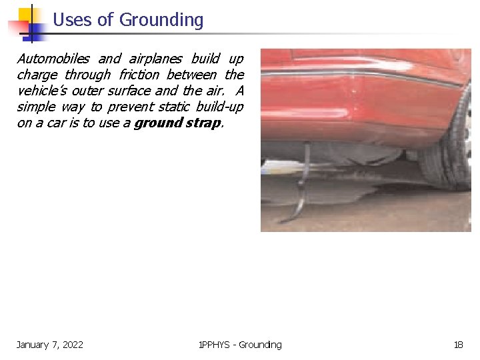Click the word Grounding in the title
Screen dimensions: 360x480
point(161,21)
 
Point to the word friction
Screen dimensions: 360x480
point(139,75)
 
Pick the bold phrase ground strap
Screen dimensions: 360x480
point(177,123)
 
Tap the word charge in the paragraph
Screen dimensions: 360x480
point(37,75)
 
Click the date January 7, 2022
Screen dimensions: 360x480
point(50,345)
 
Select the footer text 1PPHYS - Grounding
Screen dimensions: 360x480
point(240,345)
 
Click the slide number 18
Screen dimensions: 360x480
point(458,345)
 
